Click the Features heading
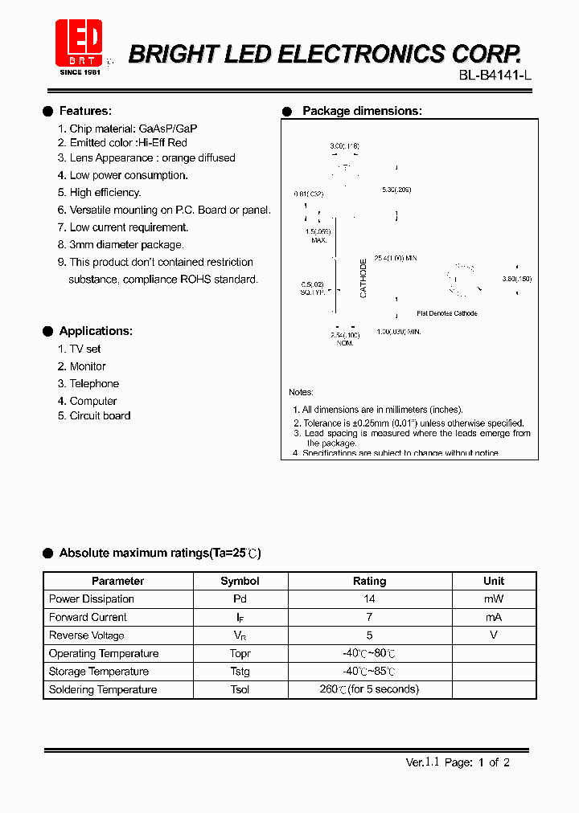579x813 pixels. [85, 111]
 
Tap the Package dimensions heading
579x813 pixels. [362, 111]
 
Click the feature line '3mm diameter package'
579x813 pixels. [126, 244]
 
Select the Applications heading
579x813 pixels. [96, 331]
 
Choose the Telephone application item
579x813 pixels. [94, 384]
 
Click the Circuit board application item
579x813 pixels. [100, 415]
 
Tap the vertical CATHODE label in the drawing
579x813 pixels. [363, 279]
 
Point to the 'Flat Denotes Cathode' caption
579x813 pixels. [446, 313]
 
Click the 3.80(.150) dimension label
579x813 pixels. [516, 279]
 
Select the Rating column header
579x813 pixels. [370, 581]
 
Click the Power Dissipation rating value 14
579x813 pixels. [370, 599]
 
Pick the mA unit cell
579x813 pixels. [494, 617]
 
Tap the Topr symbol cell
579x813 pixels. [240, 654]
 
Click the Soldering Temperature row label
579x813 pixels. [103, 690]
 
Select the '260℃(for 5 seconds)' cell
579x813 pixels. [370, 689]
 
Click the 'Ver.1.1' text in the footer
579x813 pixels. [422, 762]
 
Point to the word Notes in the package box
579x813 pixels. [301, 392]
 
